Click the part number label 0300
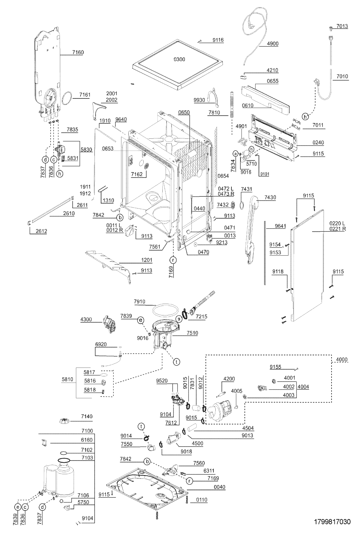click(179, 59)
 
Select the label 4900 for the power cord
click(272, 44)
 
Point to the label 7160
click(78, 52)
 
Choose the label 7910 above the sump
click(139, 301)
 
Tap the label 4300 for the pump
click(86, 319)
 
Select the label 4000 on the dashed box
click(342, 359)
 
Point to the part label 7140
click(87, 416)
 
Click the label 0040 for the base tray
click(219, 487)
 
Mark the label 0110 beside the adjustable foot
click(201, 500)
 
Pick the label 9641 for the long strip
click(280, 226)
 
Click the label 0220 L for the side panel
click(337, 224)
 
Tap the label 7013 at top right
click(342, 26)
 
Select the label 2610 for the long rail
click(69, 213)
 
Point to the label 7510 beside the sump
click(192, 333)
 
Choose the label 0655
click(272, 81)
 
